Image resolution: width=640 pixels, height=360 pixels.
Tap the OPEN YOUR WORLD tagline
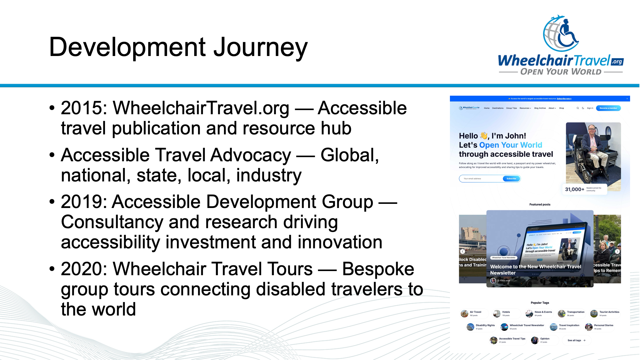pos(561,72)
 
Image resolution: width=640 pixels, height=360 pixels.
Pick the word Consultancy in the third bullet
pos(112,222)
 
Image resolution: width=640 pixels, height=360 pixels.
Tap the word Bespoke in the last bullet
pos(378,269)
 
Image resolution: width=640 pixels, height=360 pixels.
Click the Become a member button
pos(608,108)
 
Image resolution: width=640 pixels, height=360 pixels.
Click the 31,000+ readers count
pos(574,189)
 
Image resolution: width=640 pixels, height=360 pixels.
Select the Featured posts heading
pos(540,204)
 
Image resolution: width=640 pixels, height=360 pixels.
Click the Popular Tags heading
pos(540,303)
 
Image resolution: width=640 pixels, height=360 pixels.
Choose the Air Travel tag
pos(475,312)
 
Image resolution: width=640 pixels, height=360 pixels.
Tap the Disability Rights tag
pos(485,325)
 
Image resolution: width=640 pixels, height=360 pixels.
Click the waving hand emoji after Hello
pos(484,136)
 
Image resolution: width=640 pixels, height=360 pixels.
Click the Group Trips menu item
pos(511,108)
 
